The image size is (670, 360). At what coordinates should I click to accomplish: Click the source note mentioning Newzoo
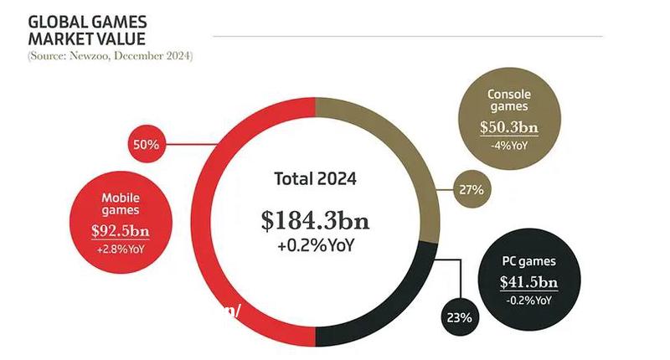click(110, 56)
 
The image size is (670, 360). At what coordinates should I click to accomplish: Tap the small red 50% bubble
click(146, 144)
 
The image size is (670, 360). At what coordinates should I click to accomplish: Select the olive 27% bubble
click(471, 189)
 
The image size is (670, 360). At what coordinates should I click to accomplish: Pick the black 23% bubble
click(459, 318)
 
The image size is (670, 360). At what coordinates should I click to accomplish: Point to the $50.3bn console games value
click(508, 128)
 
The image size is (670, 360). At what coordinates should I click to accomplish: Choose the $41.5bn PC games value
click(528, 281)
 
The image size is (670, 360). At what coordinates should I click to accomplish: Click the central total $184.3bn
click(314, 221)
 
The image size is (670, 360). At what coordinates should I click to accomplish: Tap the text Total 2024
click(315, 178)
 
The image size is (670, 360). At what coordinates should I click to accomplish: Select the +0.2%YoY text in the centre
click(315, 246)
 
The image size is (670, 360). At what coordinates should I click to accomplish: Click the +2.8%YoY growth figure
click(121, 249)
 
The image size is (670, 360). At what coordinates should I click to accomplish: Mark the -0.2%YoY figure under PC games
click(528, 300)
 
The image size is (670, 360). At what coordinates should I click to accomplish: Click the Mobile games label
click(120, 204)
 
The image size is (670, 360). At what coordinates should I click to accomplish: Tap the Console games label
click(508, 101)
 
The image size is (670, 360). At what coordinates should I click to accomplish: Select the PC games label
click(528, 261)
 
